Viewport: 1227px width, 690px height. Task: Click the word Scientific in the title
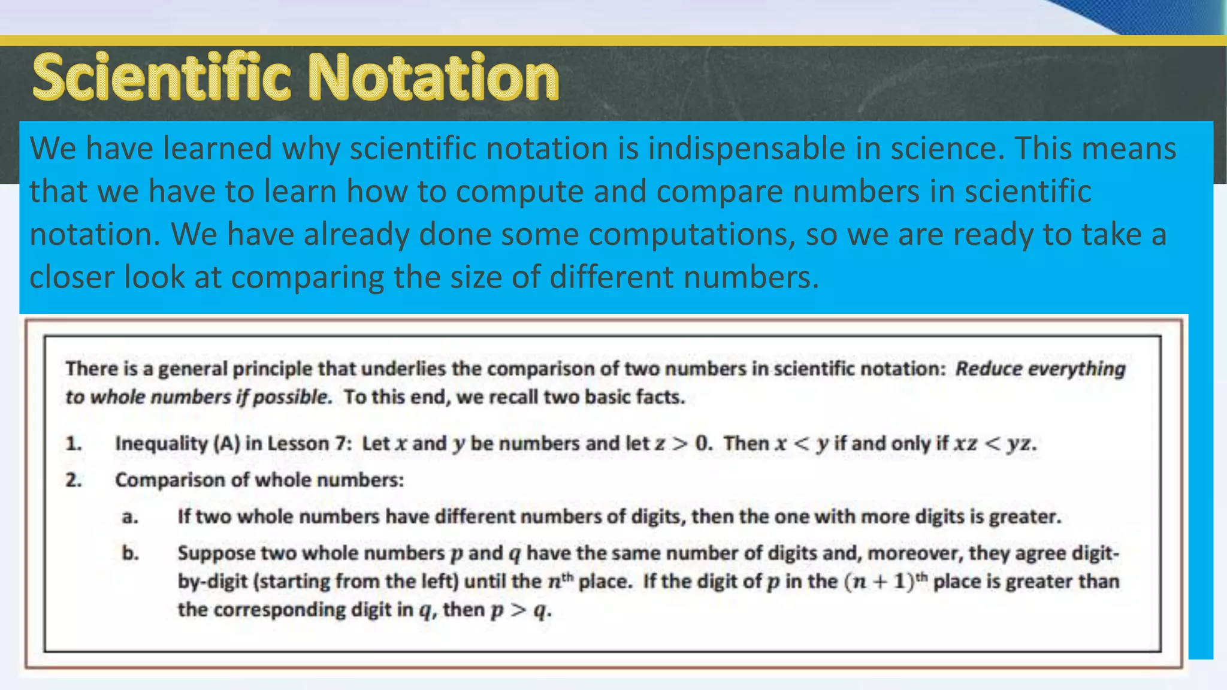[x=162, y=78]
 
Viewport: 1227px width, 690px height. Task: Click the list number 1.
[x=73, y=444]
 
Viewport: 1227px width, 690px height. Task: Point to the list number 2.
[x=73, y=480]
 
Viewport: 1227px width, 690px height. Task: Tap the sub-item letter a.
[x=129, y=517]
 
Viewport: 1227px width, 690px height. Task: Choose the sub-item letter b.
[x=129, y=553]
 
